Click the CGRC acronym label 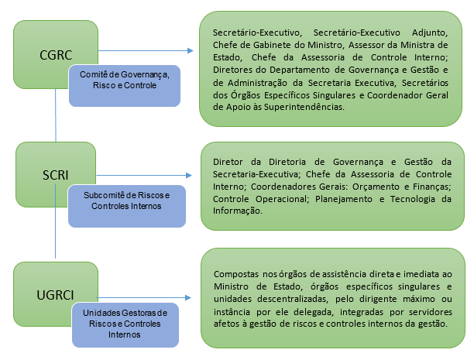(56, 56)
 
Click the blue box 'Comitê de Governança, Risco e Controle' (124, 80)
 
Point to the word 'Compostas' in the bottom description (234, 273)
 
